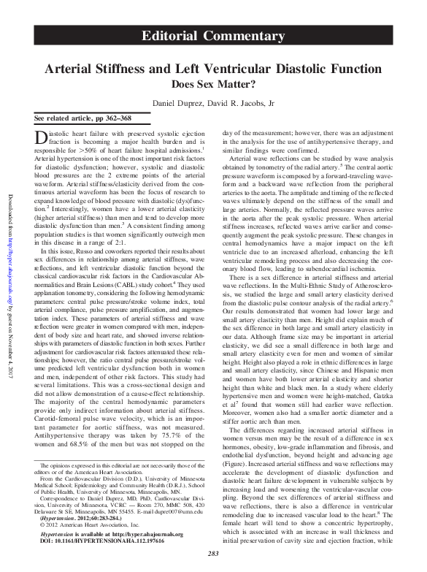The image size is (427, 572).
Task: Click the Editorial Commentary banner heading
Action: pos(214,37)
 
